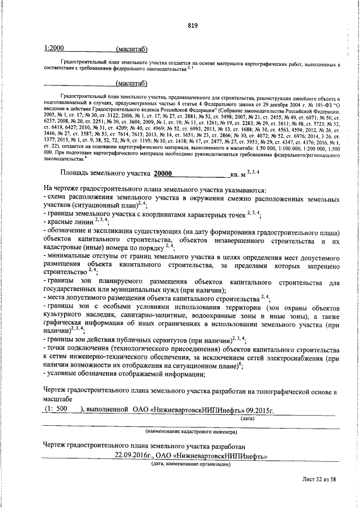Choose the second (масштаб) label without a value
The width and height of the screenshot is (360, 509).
[131, 84]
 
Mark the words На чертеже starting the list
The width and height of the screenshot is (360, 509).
[65, 190]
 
